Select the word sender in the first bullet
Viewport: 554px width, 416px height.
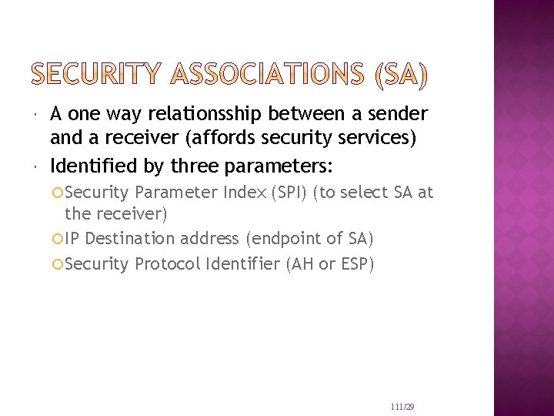click(x=398, y=115)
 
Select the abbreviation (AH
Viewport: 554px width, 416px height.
click(x=301, y=264)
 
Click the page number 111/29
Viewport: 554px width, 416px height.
click(x=402, y=406)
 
